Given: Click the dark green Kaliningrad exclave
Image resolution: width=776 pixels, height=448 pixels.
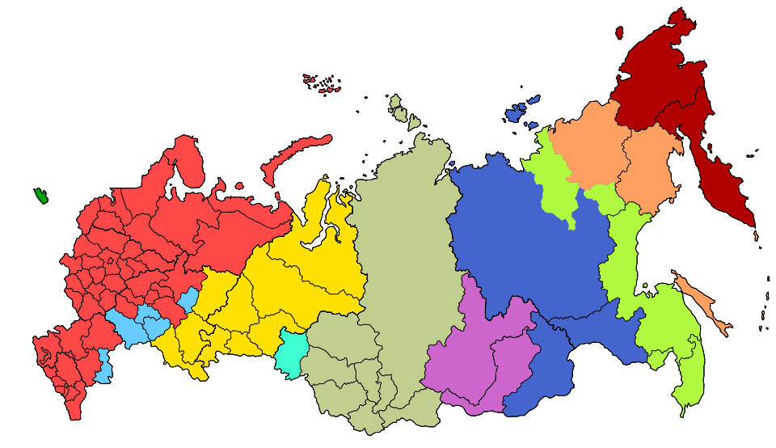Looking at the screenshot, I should point(40,196).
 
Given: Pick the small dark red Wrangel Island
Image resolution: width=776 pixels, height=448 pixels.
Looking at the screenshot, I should point(619,33).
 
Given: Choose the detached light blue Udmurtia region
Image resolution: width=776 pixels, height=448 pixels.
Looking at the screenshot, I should point(188,300).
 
